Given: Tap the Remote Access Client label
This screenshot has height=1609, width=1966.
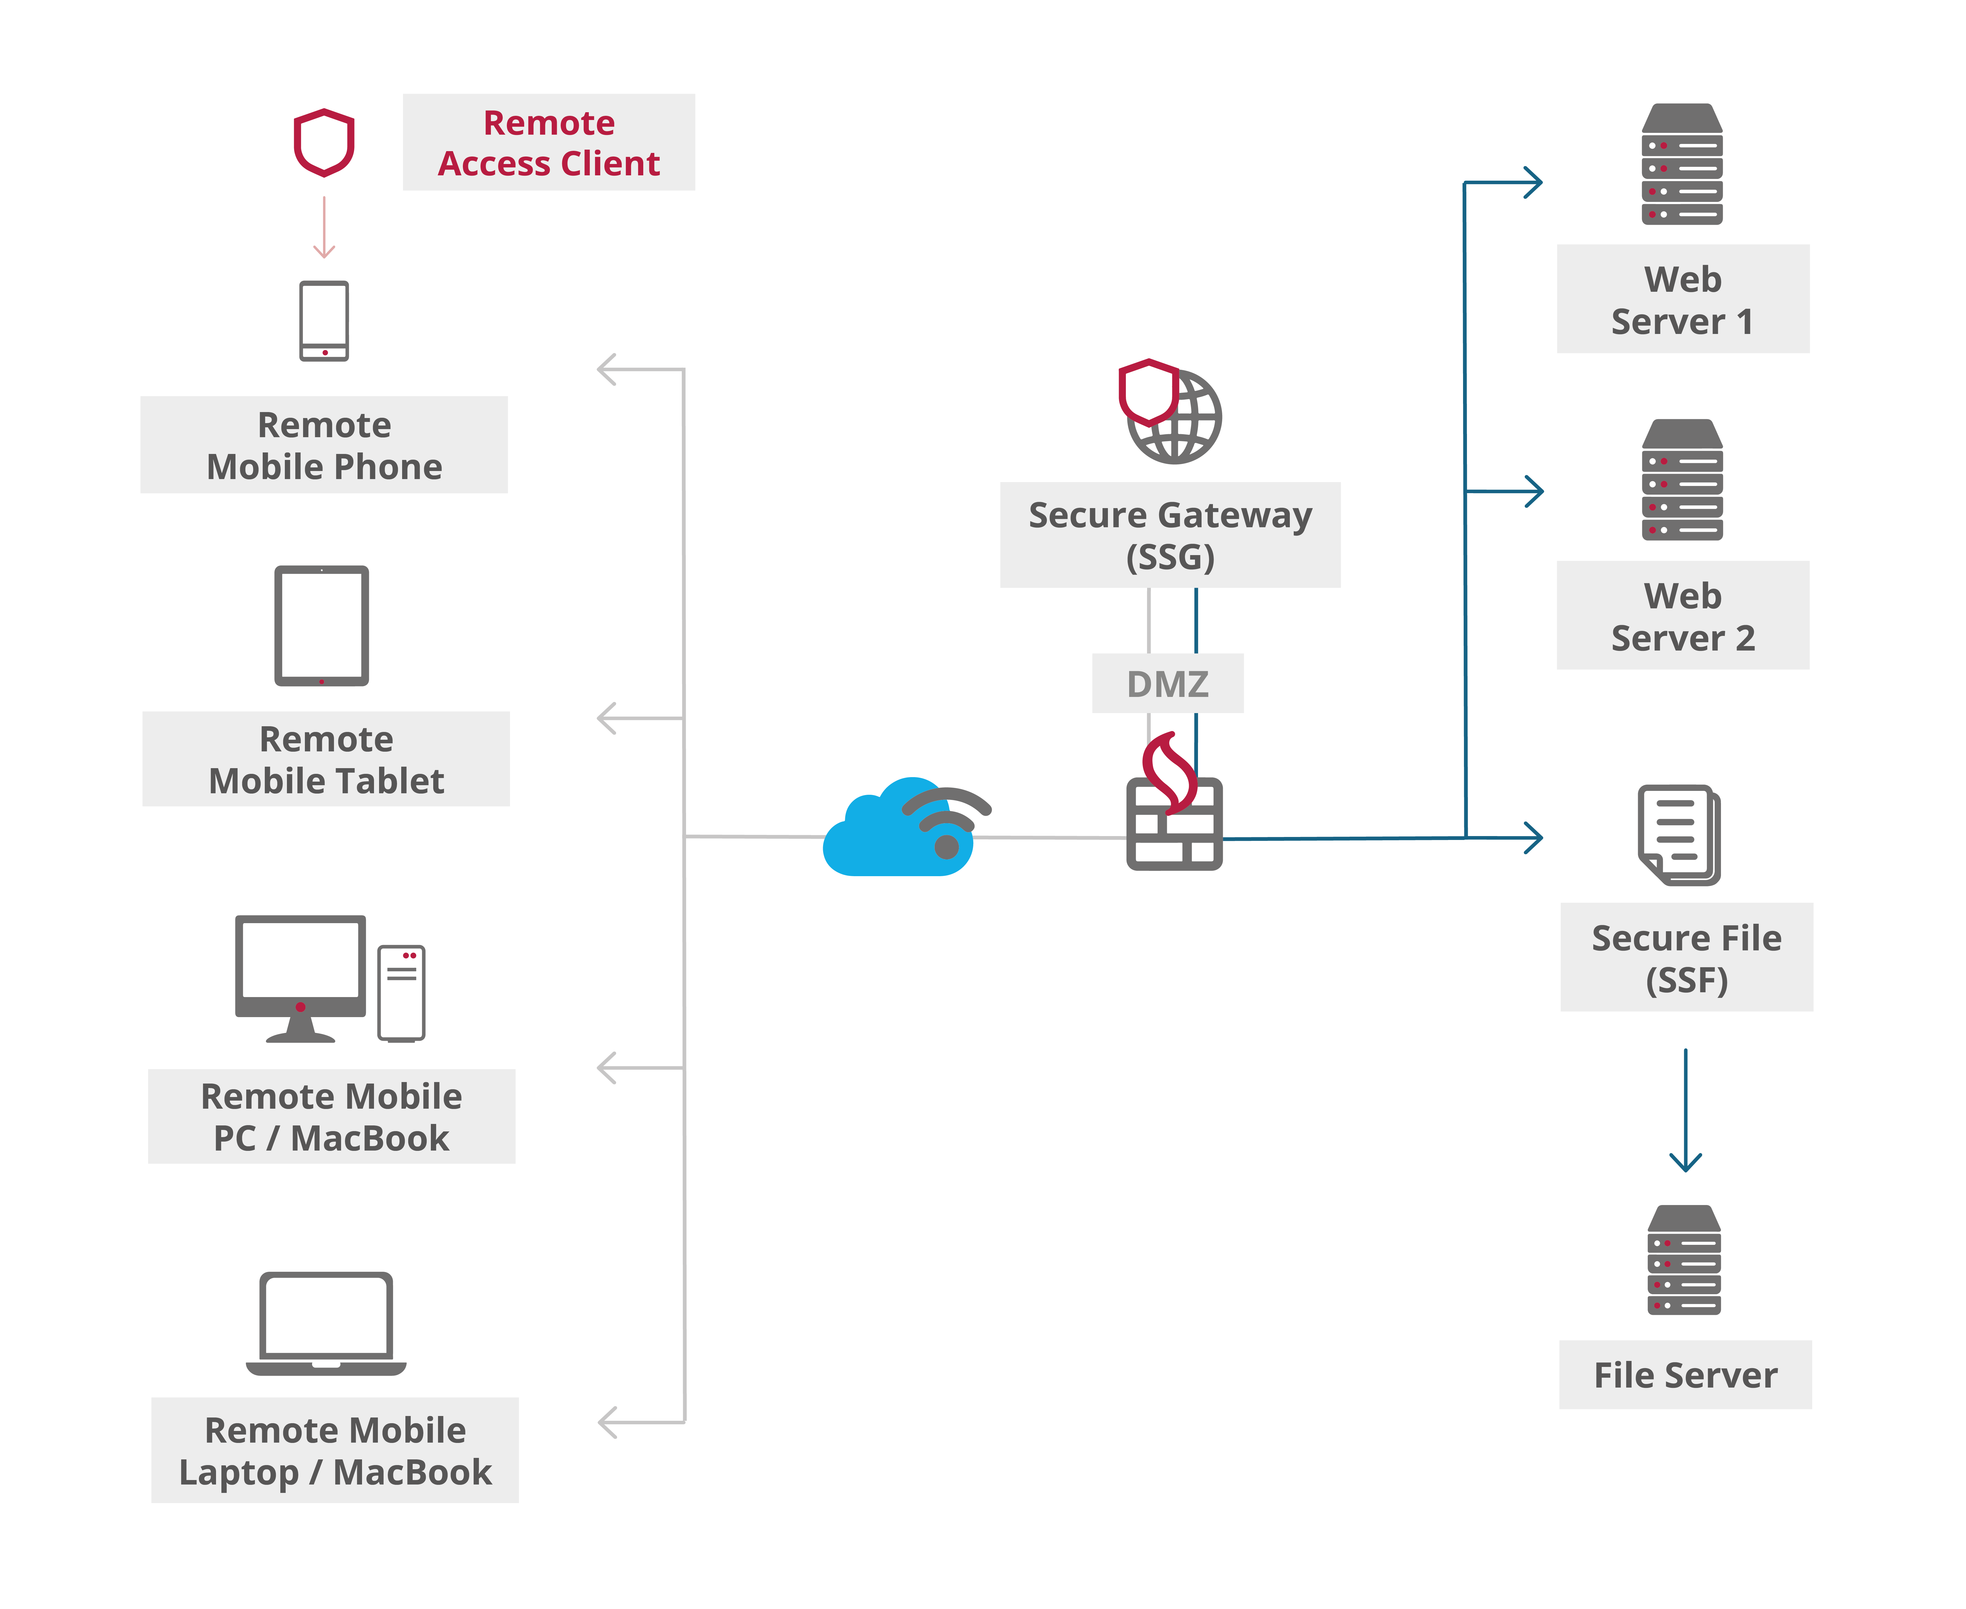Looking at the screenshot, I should (x=548, y=143).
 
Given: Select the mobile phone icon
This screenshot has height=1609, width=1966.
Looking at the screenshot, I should (x=324, y=321).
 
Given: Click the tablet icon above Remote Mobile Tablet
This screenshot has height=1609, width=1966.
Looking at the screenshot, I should (x=322, y=626).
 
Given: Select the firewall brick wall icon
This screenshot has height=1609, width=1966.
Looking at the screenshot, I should (x=1174, y=823).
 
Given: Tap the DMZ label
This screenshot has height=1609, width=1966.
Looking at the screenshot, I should (x=1167, y=684).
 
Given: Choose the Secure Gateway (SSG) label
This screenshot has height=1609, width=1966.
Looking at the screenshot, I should (x=1170, y=535).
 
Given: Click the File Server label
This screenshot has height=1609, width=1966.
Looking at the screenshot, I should (x=1685, y=1374).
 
